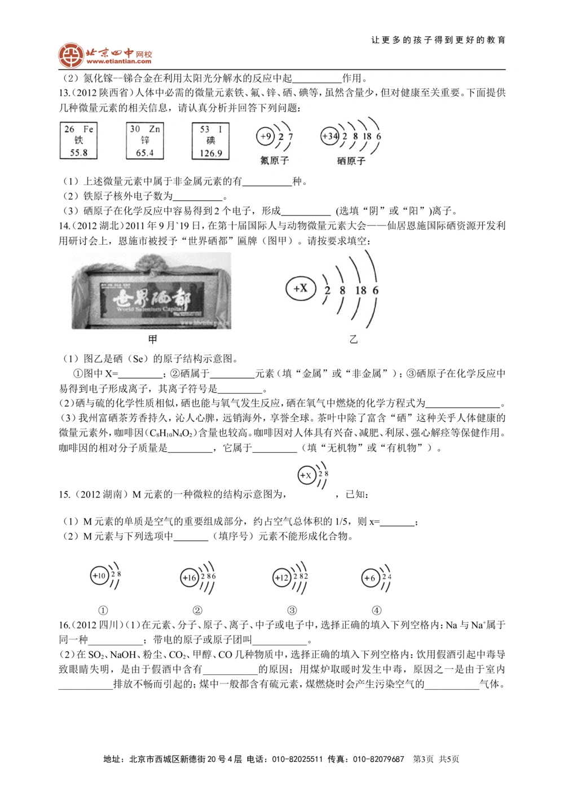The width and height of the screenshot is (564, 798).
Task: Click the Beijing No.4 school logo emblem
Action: [70, 55]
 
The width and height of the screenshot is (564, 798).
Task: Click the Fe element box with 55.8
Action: [78, 141]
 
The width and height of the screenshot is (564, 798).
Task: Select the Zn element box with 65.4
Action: [144, 141]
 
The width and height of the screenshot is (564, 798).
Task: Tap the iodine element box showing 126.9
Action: [210, 141]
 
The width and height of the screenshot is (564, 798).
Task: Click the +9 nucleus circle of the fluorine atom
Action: [265, 136]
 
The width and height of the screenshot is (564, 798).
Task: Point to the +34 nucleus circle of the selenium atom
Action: [330, 136]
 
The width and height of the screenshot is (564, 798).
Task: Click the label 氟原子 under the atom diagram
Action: [274, 161]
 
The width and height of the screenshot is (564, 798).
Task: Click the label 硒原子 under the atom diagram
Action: [351, 161]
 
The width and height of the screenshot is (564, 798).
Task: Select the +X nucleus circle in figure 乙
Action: [300, 288]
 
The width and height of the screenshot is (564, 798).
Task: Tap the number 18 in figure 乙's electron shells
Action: [360, 290]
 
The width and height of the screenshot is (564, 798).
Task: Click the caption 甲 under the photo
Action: [152, 340]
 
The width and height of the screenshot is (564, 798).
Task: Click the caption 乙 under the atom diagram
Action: [354, 340]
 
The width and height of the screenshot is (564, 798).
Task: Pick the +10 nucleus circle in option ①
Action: [99, 576]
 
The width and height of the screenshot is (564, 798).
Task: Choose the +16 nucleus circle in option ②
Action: [190, 577]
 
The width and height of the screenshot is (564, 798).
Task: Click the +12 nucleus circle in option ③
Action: [281, 577]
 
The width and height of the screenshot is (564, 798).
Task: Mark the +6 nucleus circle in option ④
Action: [370, 577]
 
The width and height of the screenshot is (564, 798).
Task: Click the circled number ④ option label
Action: [377, 610]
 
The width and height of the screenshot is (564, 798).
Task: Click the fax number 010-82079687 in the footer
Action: [378, 759]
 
